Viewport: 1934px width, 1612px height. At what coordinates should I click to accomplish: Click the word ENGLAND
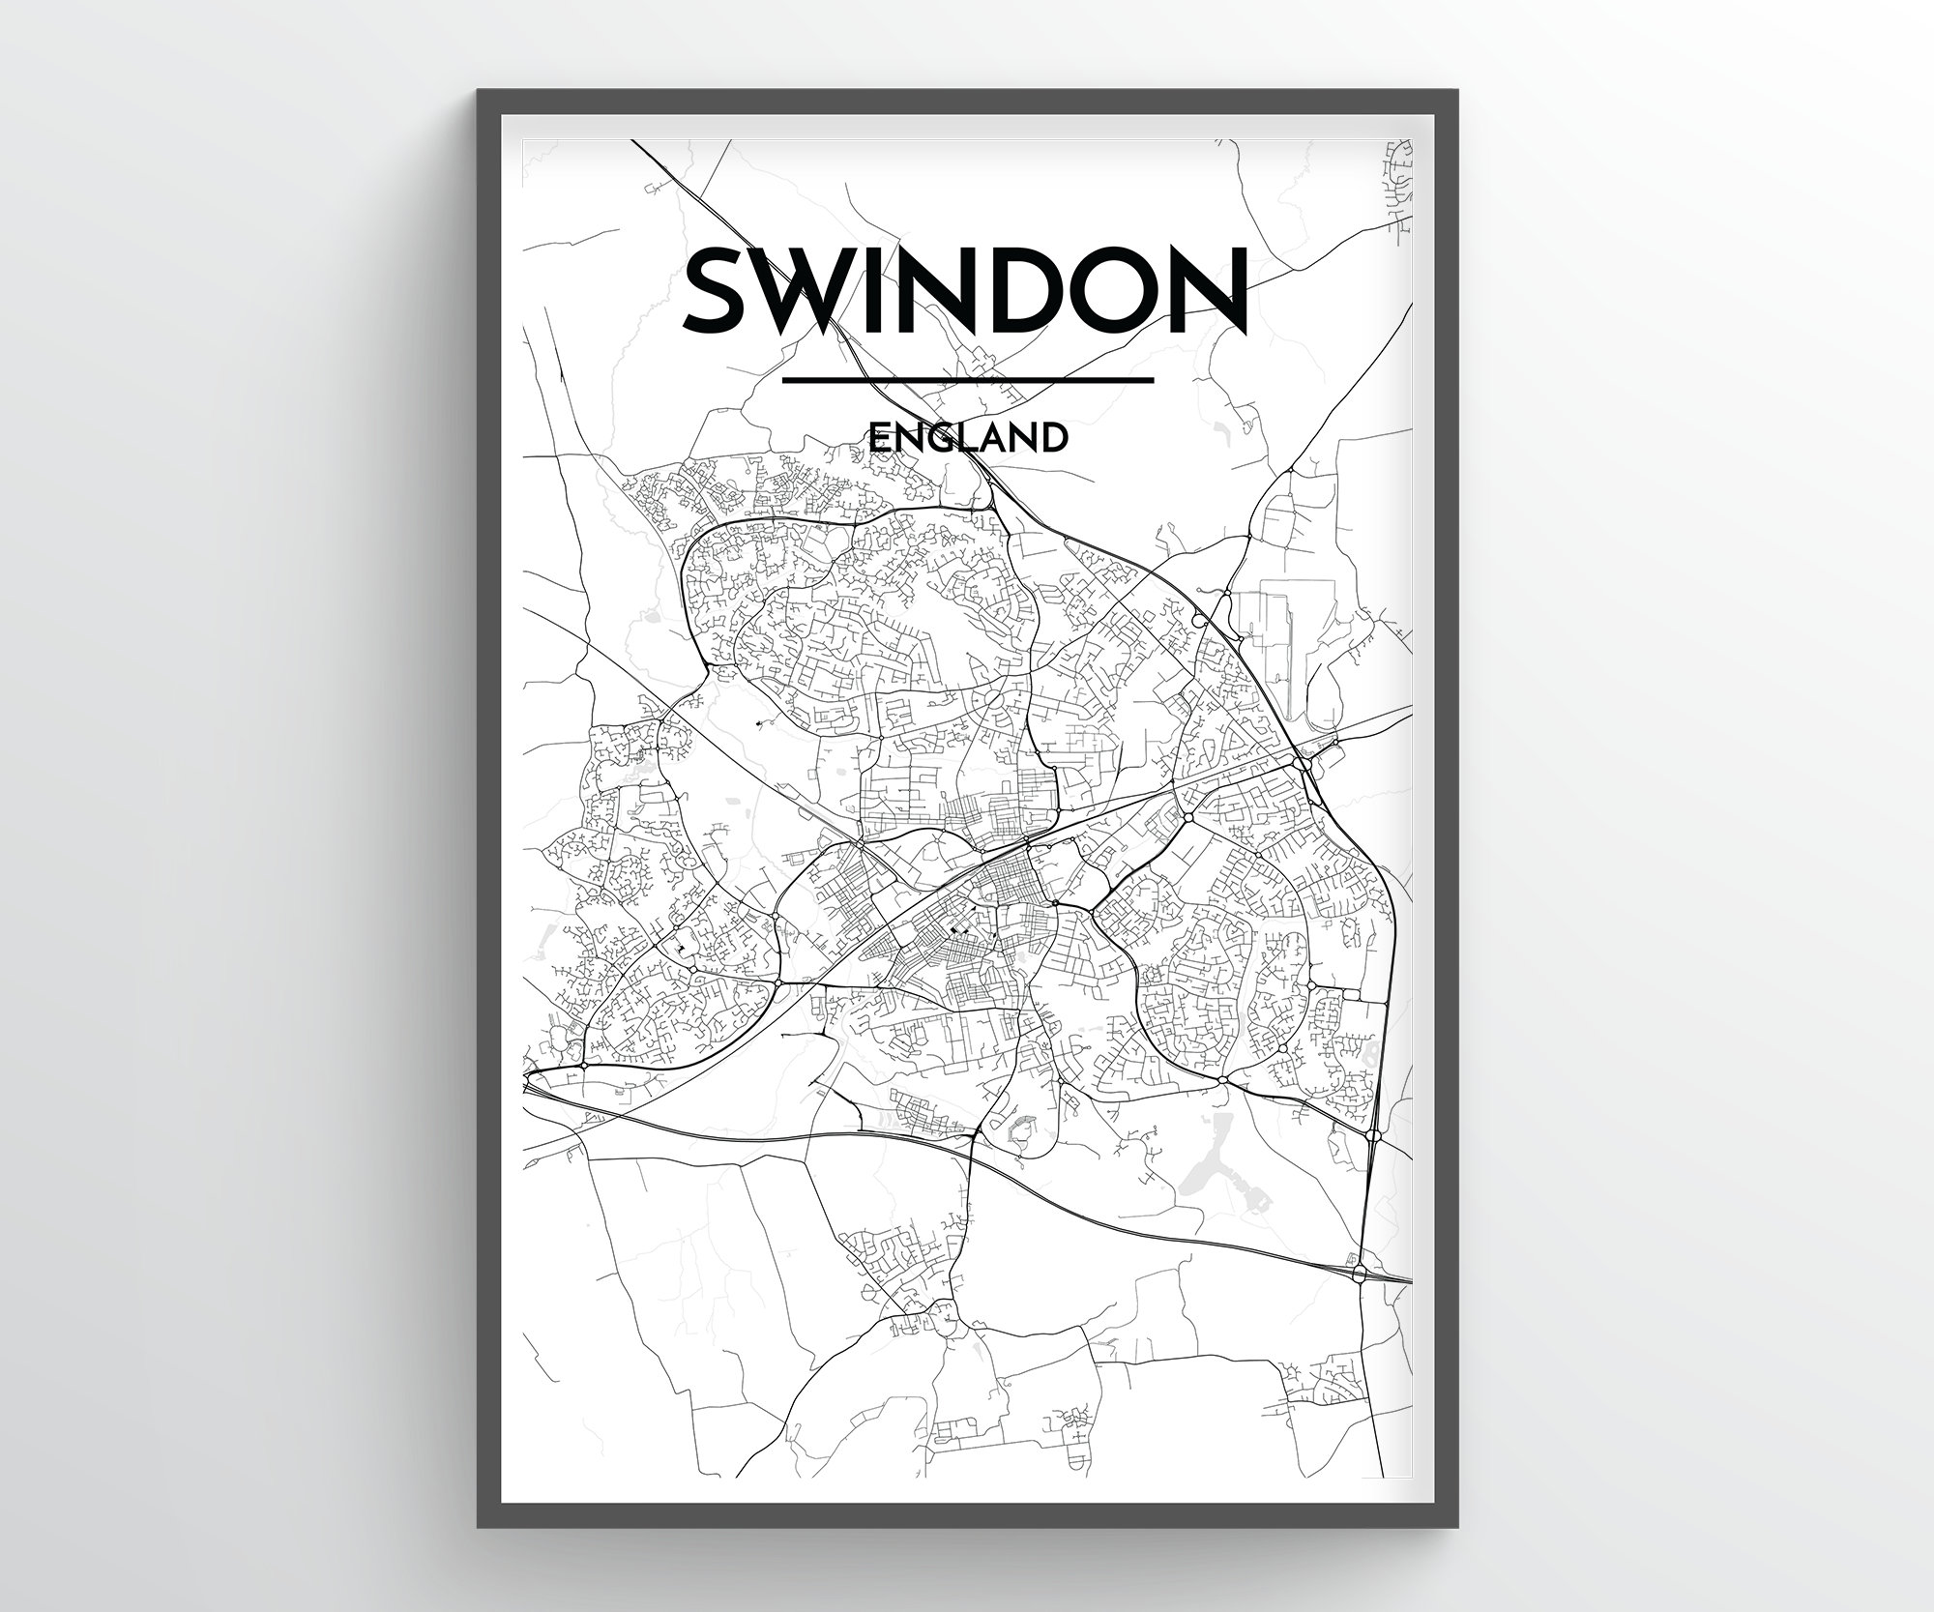pyautogui.click(x=968, y=439)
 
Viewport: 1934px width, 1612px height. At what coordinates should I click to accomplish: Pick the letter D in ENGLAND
pyautogui.click(x=1055, y=439)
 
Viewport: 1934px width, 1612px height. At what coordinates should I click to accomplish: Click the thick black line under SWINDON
pyautogui.click(x=967, y=380)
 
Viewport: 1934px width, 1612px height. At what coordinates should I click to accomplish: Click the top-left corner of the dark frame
pyautogui.click(x=480, y=92)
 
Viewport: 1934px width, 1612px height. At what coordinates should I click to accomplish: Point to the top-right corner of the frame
pyautogui.click(x=1454, y=92)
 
